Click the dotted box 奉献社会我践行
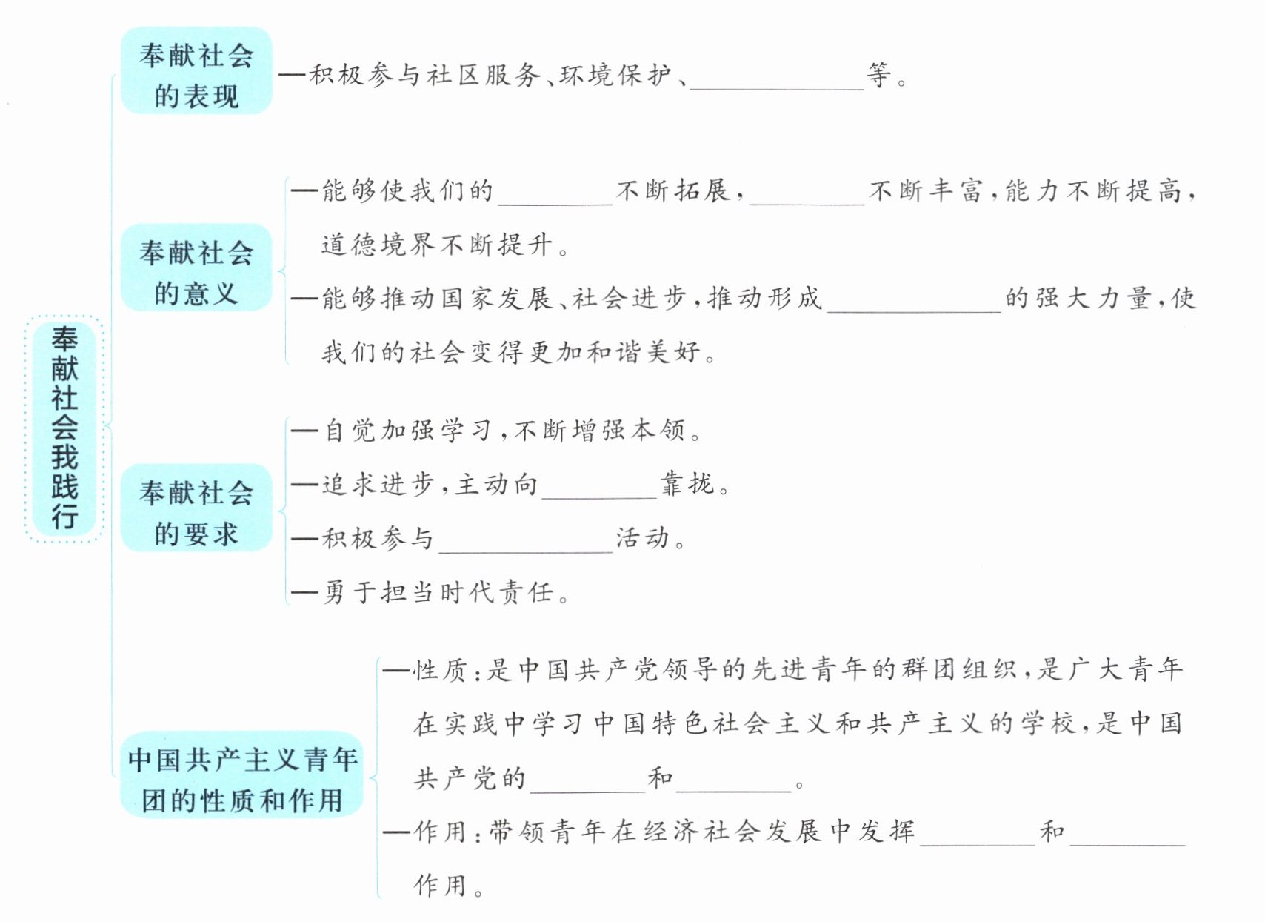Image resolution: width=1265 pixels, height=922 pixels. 64,428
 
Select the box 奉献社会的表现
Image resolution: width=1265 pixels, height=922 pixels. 196,70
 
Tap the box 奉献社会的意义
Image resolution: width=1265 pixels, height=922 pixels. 196,268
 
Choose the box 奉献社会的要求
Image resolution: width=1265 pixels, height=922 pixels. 196,508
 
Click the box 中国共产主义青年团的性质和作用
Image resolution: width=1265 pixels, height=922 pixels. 241,775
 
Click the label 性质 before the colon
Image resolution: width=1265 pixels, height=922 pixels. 440,671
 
